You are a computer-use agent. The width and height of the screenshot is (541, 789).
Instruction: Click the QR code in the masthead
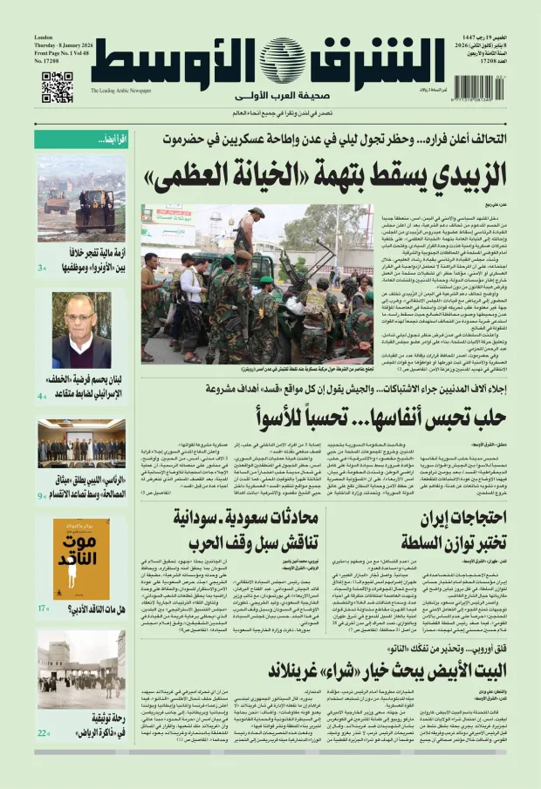click(x=57, y=87)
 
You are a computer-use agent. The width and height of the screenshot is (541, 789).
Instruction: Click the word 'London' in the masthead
click(x=44, y=37)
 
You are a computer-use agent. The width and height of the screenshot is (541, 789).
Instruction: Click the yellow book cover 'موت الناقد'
click(x=81, y=558)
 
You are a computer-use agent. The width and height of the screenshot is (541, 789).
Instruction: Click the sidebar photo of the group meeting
click(x=81, y=444)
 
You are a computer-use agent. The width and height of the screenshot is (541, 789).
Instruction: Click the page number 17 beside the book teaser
click(x=43, y=633)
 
